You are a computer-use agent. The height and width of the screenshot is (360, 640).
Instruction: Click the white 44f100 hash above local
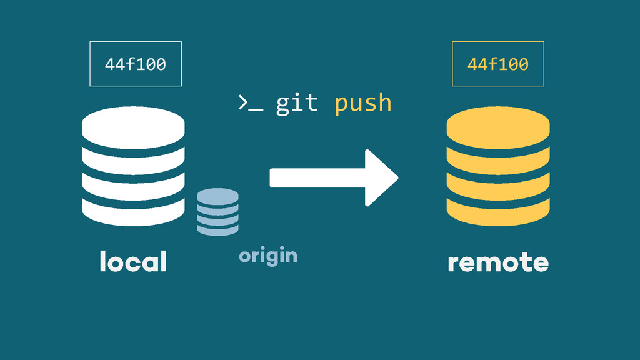[136, 64]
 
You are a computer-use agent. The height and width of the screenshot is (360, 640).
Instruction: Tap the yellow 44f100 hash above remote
[498, 64]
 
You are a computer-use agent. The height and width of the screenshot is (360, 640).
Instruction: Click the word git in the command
[297, 103]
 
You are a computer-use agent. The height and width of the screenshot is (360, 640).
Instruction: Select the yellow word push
[363, 104]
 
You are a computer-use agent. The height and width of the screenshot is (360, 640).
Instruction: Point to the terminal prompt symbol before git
[250, 104]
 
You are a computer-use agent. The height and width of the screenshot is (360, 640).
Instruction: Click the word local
[133, 261]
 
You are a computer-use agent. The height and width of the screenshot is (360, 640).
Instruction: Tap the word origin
[268, 256]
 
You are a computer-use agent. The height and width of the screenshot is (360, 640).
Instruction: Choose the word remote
[498, 262]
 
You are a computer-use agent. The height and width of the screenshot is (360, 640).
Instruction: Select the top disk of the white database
[133, 125]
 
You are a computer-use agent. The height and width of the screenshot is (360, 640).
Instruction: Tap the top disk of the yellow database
[498, 125]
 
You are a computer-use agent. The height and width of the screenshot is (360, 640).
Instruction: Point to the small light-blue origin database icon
[217, 212]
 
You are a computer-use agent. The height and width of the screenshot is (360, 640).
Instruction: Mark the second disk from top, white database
[133, 158]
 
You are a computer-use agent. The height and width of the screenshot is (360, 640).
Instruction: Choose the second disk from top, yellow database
[498, 158]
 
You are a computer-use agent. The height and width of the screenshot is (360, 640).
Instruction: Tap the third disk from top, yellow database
[498, 184]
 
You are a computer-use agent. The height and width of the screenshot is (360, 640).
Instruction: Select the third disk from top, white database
[133, 184]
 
